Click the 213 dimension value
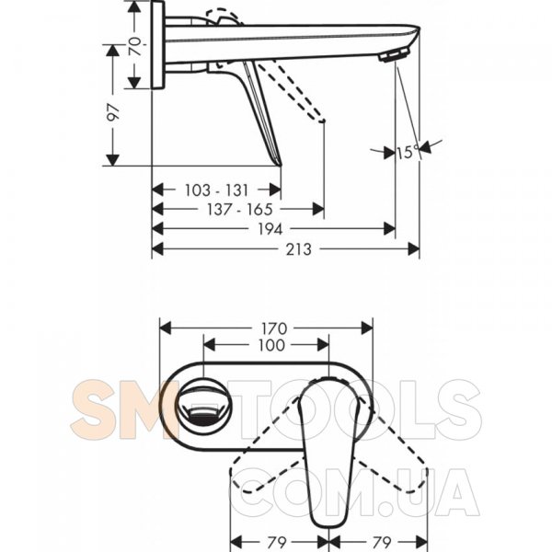298,249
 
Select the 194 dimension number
270,229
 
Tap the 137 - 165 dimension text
239,210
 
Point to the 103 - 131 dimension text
217,190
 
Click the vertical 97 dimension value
113,112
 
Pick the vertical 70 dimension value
135,47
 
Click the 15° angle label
408,152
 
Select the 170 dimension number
274,328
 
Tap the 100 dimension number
271,345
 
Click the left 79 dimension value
277,542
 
